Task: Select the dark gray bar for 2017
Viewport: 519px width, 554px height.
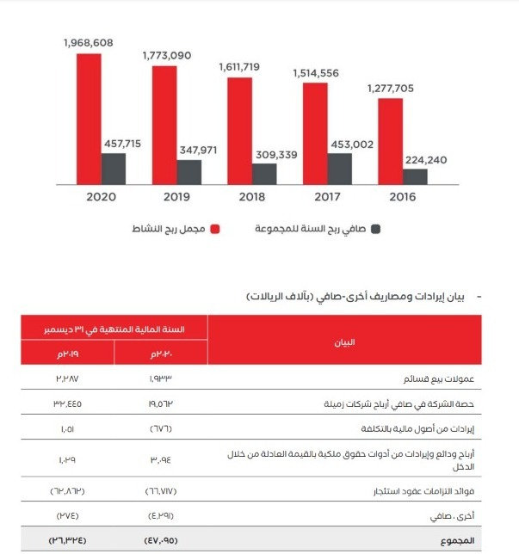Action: pyautogui.click(x=340, y=168)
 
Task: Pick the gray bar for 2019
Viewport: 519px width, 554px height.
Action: pyautogui.click(x=189, y=171)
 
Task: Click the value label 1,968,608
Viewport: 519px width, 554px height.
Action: pyautogui.click(x=89, y=42)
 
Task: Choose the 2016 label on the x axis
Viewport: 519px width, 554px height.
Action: pyautogui.click(x=401, y=198)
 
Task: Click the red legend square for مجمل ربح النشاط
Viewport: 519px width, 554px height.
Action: pyautogui.click(x=216, y=230)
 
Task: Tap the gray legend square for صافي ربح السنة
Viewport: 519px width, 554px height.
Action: pyautogui.click(x=375, y=230)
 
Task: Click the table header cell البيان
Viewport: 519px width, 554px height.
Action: pyautogui.click(x=344, y=342)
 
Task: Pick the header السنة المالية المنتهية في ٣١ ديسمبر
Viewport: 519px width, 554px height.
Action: pyautogui.click(x=114, y=329)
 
